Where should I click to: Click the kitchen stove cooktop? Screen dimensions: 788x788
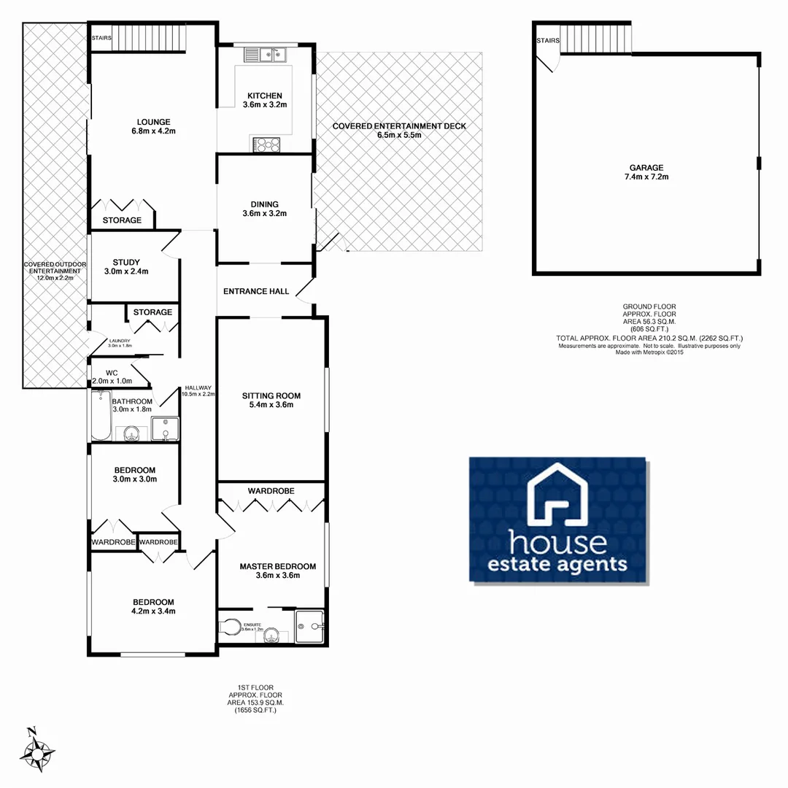pos(267,145)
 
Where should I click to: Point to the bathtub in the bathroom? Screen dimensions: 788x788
pos(101,416)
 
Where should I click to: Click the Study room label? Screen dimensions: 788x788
pos(126,267)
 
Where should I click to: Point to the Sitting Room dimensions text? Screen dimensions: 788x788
pos(271,406)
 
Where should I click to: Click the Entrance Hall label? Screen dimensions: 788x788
pos(256,292)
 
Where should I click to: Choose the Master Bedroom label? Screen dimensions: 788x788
pos(278,571)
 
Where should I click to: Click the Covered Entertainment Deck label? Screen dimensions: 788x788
pos(399,130)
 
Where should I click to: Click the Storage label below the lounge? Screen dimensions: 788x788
pos(122,220)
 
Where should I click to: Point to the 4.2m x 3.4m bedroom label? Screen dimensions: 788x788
pos(152,606)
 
